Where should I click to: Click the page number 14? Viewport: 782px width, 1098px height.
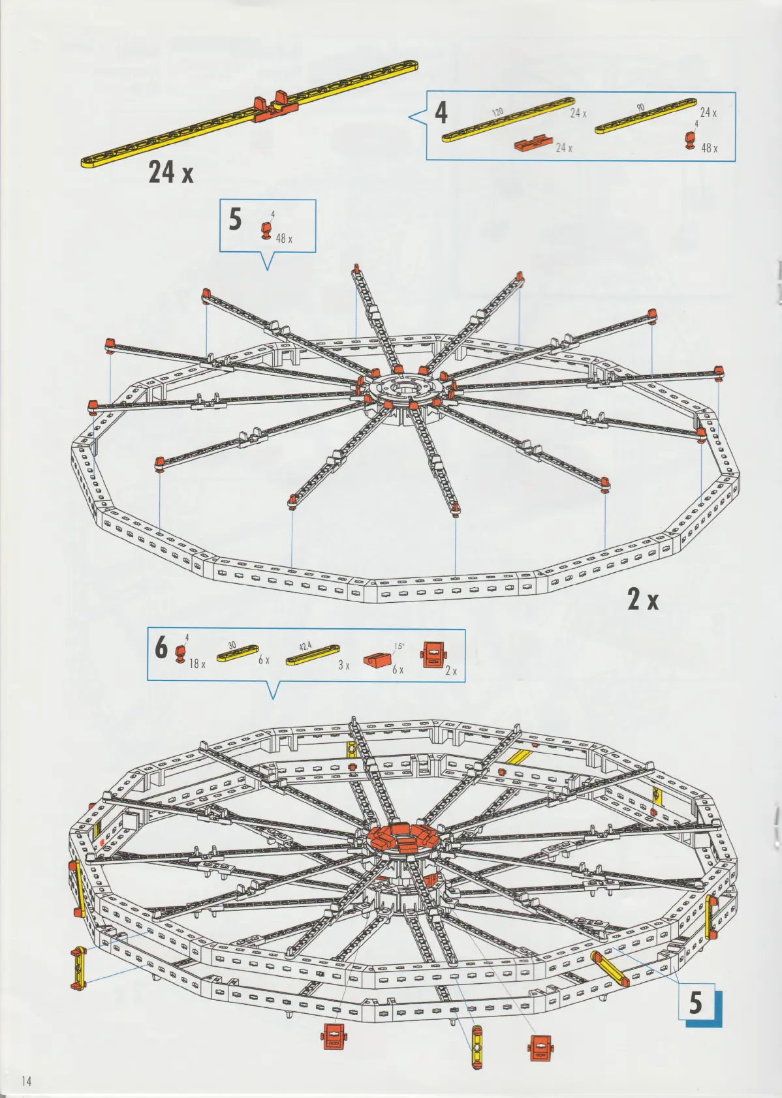[26, 1080]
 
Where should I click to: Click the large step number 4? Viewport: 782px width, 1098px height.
[441, 113]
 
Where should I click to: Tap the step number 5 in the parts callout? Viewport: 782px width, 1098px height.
[236, 219]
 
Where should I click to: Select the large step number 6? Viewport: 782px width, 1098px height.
[161, 647]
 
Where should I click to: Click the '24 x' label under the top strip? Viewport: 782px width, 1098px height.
[171, 172]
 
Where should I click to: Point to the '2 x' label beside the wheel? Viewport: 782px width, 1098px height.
[643, 600]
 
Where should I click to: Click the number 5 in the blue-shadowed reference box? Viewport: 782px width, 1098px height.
[696, 1003]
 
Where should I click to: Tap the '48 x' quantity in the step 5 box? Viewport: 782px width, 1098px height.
[284, 239]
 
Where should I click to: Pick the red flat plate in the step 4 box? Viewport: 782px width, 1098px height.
[533, 144]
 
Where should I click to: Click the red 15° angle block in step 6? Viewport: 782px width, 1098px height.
[377, 662]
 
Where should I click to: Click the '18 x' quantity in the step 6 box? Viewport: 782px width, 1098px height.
[197, 664]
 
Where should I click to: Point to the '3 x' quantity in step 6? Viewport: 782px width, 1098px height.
[343, 665]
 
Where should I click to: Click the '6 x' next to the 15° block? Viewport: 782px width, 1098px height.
[398, 670]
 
